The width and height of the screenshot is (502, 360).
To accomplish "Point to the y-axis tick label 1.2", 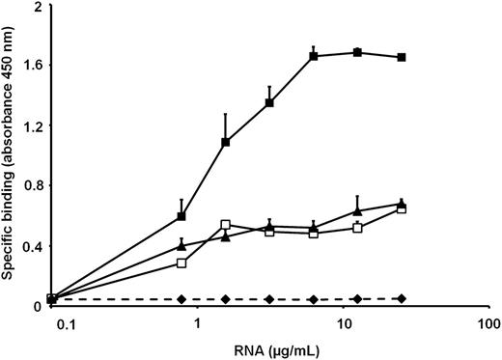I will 30,126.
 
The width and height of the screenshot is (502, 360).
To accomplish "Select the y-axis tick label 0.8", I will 30,186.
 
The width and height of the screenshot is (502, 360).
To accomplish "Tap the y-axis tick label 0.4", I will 30,247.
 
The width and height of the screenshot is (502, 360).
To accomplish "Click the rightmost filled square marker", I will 402,58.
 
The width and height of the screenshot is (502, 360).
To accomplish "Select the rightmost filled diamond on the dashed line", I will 402,298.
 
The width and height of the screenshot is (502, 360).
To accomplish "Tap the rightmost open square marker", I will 402,208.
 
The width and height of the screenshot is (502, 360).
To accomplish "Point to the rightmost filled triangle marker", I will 402,203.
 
